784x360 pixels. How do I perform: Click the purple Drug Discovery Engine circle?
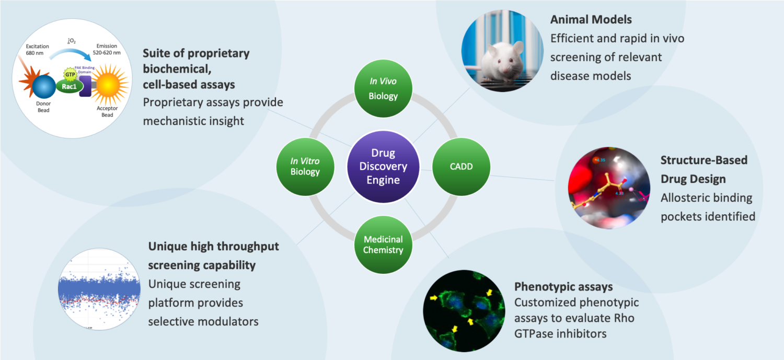[x=383, y=167]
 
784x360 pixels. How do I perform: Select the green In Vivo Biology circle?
[x=383, y=89]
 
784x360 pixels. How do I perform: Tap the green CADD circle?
[x=460, y=167]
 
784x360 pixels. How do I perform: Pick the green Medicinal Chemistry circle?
[x=383, y=244]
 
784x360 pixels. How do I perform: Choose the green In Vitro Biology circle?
[x=305, y=166]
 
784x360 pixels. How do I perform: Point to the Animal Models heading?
[x=591, y=20]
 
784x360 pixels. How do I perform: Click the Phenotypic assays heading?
[x=563, y=287]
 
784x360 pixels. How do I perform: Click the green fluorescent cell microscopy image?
[x=464, y=310]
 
